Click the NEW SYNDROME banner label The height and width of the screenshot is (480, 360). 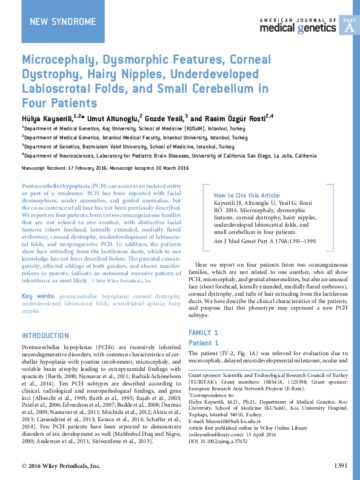(62, 22)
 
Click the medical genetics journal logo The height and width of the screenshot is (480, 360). (298, 24)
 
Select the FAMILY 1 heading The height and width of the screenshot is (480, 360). (204, 333)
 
